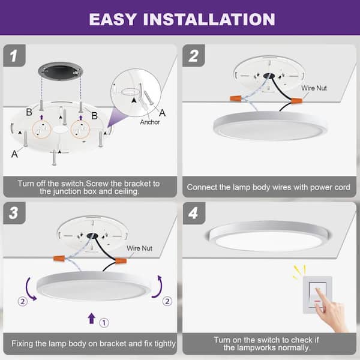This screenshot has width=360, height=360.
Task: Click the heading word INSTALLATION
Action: click(209, 19)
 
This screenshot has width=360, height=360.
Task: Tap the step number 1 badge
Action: click(14, 56)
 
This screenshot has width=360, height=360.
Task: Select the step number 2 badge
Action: click(194, 56)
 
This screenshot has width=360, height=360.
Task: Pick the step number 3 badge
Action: click(14, 213)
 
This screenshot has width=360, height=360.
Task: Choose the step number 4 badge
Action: click(194, 213)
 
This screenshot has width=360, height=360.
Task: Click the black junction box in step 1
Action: click(61, 71)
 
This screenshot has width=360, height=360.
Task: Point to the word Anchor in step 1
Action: click(150, 122)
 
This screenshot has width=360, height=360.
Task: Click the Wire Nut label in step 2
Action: click(314, 88)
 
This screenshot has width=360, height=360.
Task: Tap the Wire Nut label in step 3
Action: click(139, 248)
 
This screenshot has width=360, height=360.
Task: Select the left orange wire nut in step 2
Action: click(236, 99)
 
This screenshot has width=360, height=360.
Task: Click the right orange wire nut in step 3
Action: click(121, 260)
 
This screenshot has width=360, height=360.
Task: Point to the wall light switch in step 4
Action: click(317, 295)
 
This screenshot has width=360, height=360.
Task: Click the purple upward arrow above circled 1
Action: click(92, 318)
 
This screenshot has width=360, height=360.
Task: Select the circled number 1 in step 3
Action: click(104, 323)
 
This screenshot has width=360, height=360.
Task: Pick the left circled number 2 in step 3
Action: click(23, 301)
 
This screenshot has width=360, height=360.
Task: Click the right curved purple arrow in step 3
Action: click(158, 287)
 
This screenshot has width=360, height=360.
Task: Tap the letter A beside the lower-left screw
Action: click(14, 154)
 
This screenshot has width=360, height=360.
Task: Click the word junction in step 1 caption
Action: click(67, 191)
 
